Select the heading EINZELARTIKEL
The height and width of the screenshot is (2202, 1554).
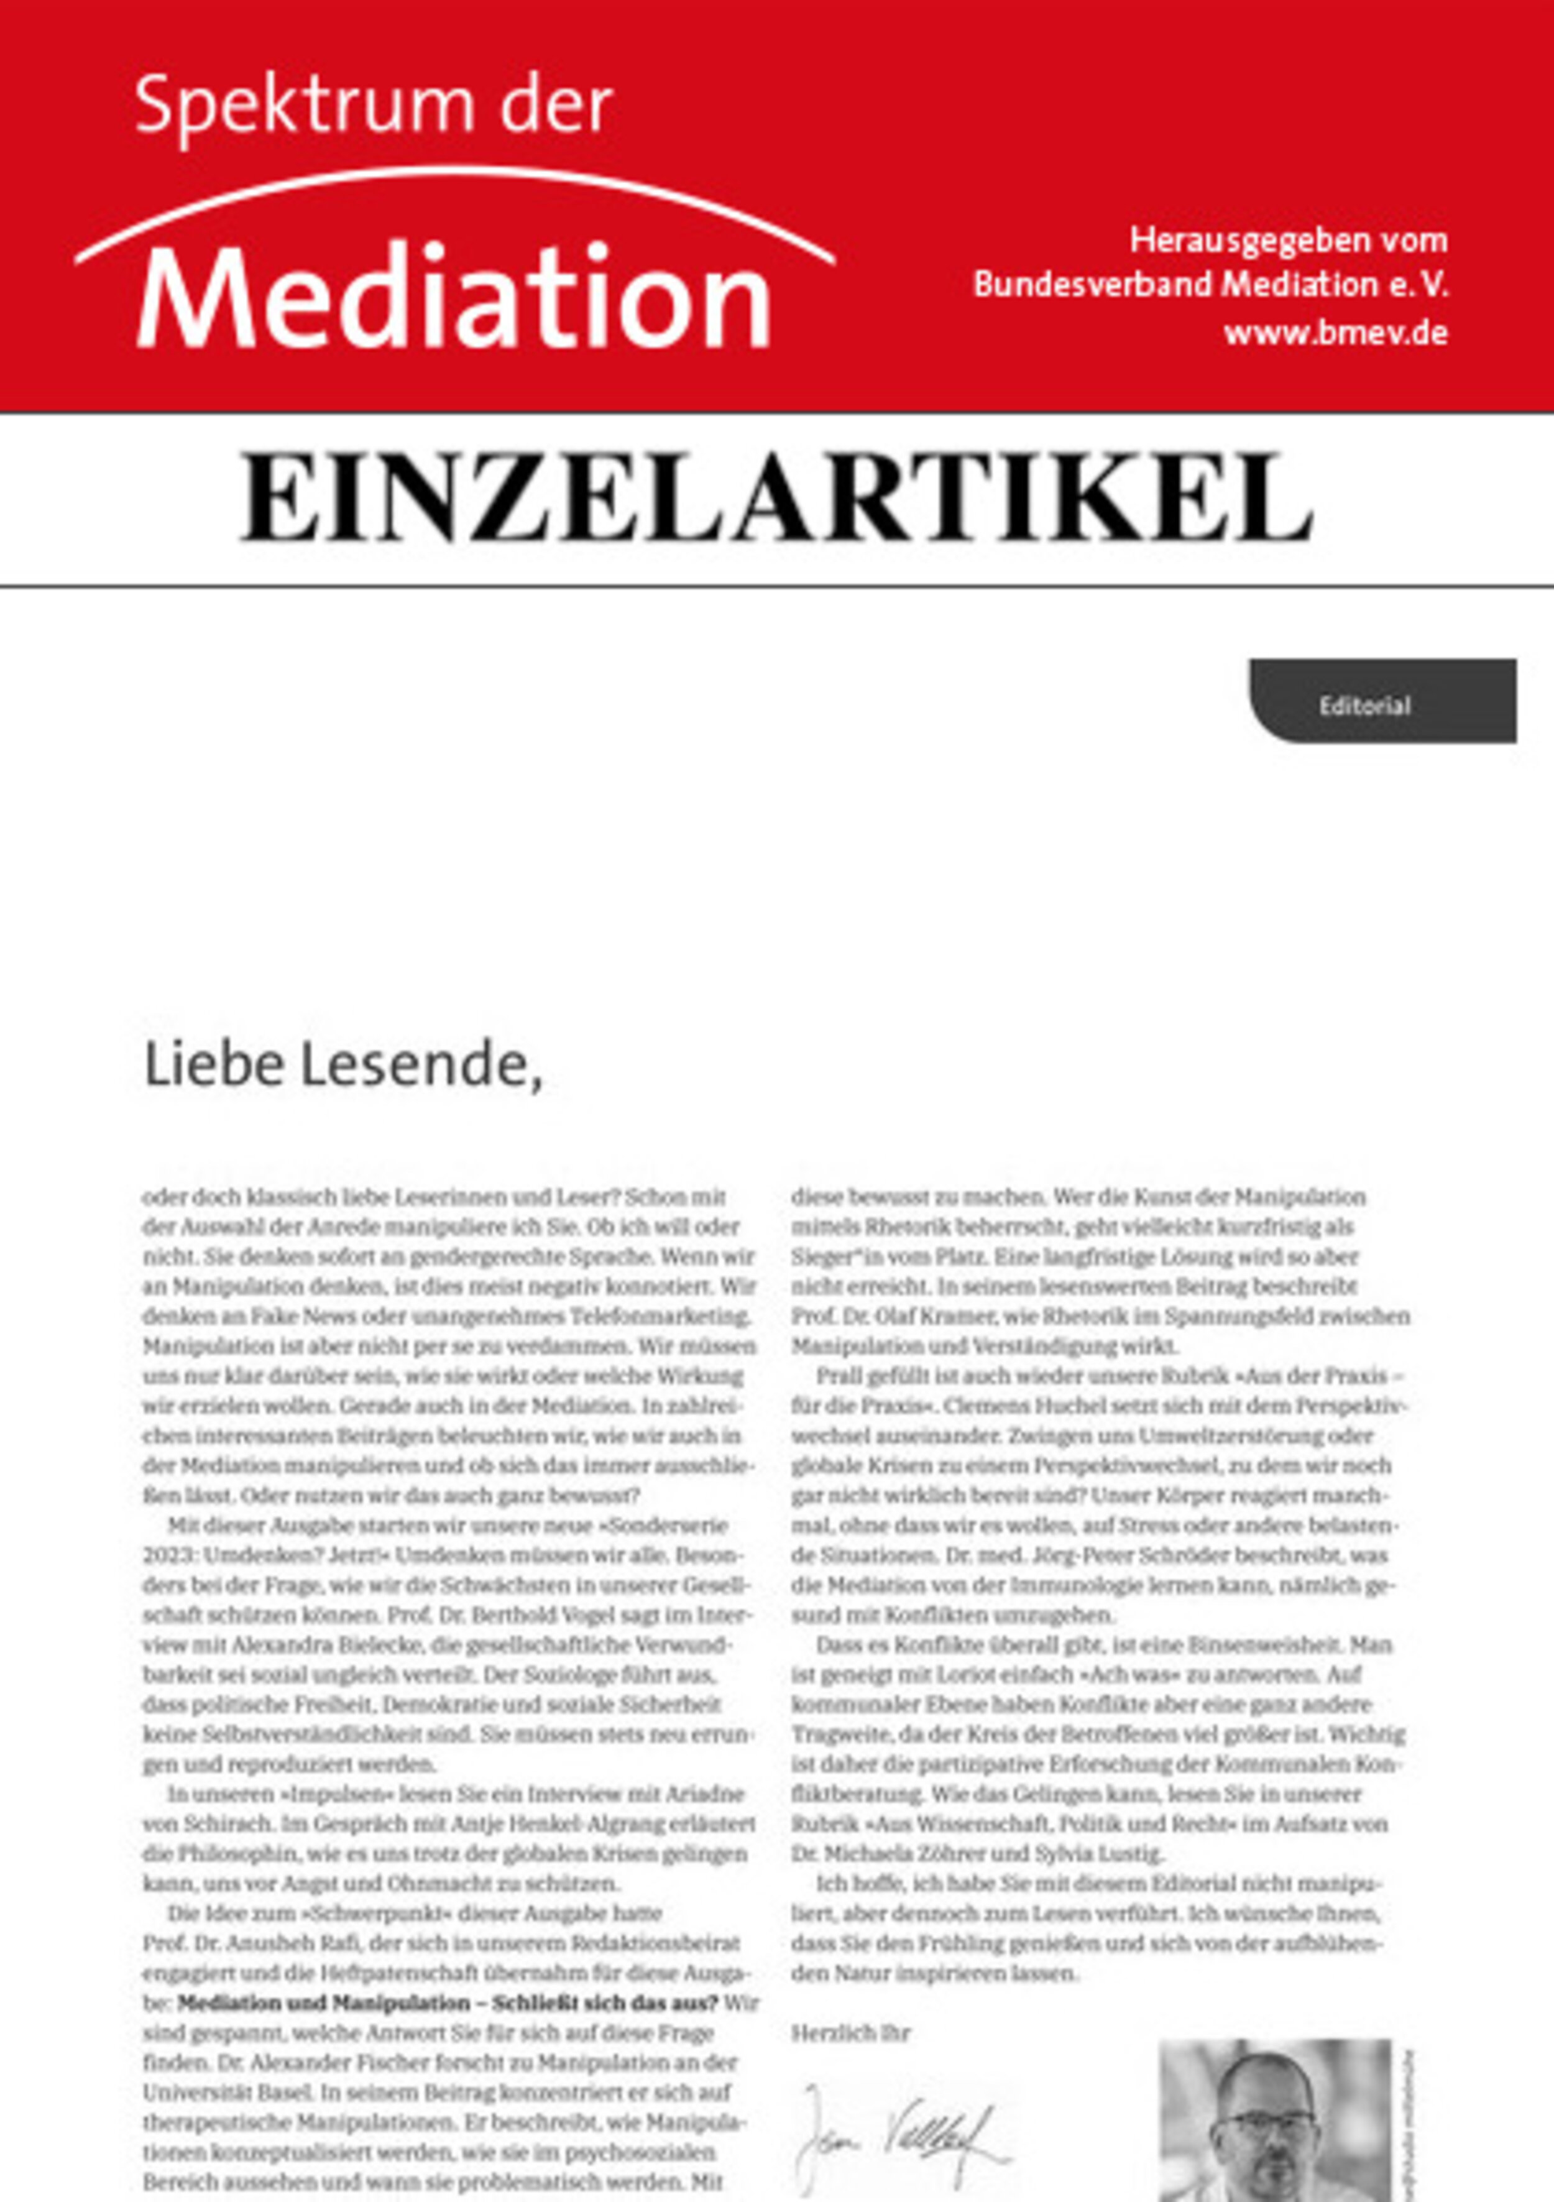click(x=776, y=498)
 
